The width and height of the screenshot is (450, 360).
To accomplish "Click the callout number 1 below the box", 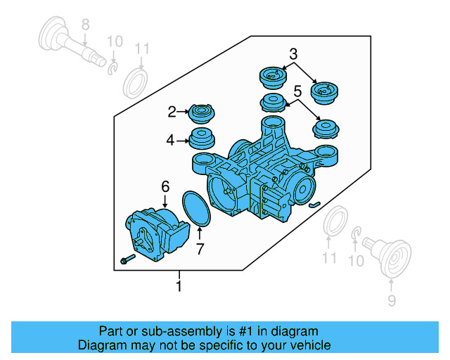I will point(179,286).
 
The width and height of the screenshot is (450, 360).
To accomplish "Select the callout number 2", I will point(172,111).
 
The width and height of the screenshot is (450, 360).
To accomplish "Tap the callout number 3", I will point(293,53).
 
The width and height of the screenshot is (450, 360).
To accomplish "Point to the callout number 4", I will point(170,141).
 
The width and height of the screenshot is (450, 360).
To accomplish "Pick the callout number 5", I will point(297,91).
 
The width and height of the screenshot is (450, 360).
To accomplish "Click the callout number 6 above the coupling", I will point(165,186).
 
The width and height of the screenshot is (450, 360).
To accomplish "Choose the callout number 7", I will point(200,249).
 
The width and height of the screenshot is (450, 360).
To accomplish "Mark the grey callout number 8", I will point(85,26).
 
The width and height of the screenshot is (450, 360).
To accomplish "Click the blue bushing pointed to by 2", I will point(202,113).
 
